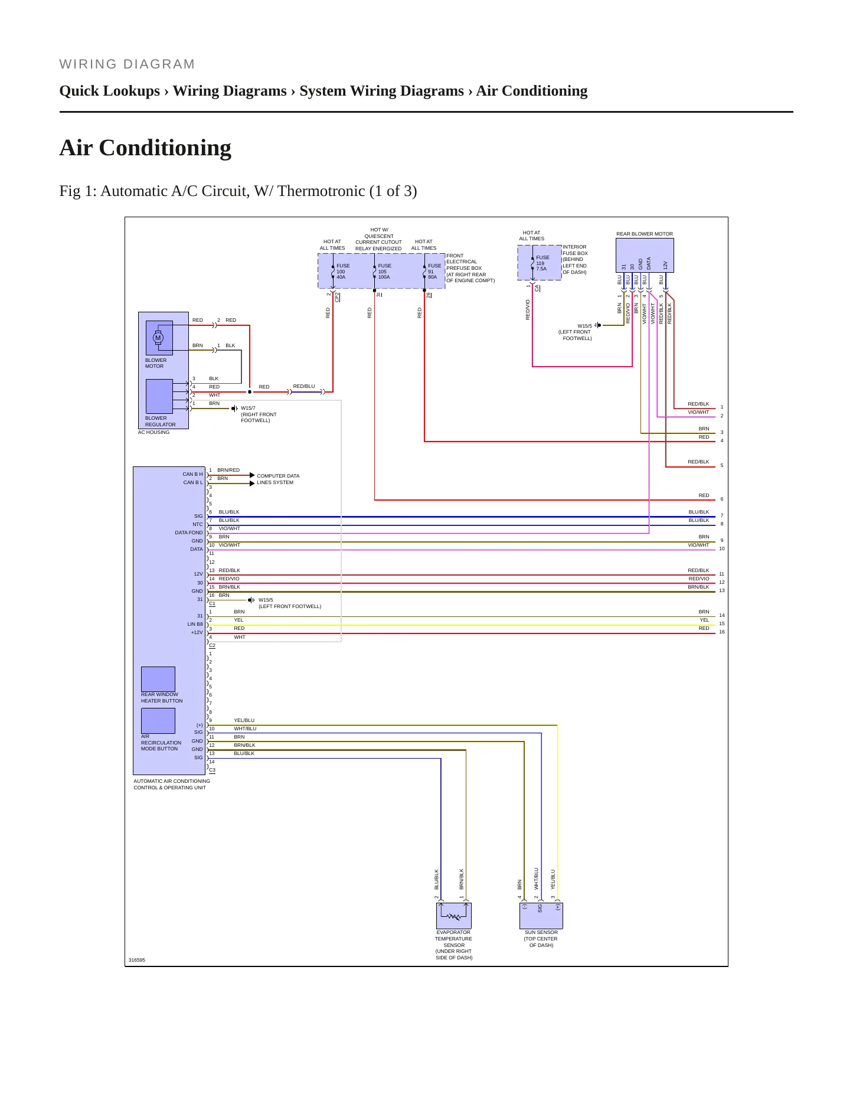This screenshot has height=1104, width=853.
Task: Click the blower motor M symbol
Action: pyautogui.click(x=158, y=338)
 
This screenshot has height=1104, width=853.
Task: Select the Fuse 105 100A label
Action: pyautogui.click(x=384, y=272)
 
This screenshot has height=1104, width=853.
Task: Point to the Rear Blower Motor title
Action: pyautogui.click(x=645, y=234)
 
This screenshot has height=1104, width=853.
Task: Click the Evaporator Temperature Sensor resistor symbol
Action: pyautogui.click(x=453, y=916)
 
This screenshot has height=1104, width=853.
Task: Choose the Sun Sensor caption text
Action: pyautogui.click(x=541, y=939)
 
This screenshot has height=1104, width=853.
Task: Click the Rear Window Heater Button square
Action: pyautogui.click(x=158, y=679)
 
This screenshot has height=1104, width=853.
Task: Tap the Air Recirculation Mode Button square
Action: pyautogui.click(x=158, y=721)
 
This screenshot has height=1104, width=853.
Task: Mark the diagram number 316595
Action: pyautogui.click(x=137, y=960)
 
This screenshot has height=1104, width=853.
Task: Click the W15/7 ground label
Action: pyautogui.click(x=248, y=408)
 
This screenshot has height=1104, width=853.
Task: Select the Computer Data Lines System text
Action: pyautogui.click(x=278, y=479)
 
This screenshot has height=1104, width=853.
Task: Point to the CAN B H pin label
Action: pyautogui.click(x=192, y=474)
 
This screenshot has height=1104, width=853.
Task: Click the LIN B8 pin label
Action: pyautogui.click(x=195, y=624)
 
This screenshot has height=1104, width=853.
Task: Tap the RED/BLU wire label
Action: pyautogui.click(x=304, y=386)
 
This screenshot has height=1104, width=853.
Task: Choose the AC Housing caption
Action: pyautogui.click(x=153, y=432)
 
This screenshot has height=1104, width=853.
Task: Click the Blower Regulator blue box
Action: pyautogui.click(x=159, y=396)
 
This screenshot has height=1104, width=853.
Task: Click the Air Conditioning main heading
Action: pyautogui.click(x=145, y=148)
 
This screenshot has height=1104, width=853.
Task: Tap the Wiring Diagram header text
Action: pyautogui.click(x=127, y=64)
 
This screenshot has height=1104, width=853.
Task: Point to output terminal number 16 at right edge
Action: pyautogui.click(x=722, y=632)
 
